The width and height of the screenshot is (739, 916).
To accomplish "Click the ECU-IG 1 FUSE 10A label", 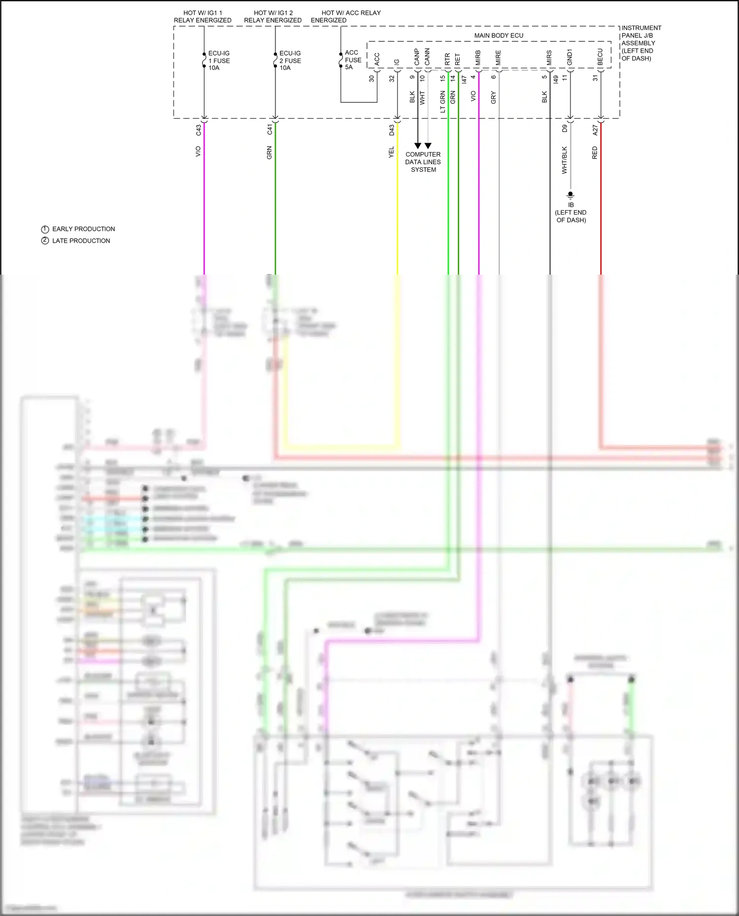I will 218,61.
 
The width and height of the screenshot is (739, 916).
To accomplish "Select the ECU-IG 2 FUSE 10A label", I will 290,61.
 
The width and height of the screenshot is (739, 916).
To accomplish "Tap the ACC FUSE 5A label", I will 353,60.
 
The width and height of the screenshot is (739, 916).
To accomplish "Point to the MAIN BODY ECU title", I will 499,35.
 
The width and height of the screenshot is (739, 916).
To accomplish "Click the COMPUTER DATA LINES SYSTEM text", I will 423,162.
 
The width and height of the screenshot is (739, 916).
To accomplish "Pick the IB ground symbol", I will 571,195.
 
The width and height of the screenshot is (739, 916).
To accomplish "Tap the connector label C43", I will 199,130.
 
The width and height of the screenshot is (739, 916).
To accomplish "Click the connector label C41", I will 269,129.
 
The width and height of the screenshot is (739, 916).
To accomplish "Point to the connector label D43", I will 392,130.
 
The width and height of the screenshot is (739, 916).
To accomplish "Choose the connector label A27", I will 595,130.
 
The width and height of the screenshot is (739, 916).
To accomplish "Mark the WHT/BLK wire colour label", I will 565,160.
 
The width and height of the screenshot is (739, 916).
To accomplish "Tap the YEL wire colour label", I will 391,152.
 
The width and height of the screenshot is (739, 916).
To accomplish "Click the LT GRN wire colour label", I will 442,102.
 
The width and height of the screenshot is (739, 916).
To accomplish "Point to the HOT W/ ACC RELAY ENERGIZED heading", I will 346,16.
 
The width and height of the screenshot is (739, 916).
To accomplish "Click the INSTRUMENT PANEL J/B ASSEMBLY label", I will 640,43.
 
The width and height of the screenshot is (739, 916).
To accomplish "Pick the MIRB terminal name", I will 477,58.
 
